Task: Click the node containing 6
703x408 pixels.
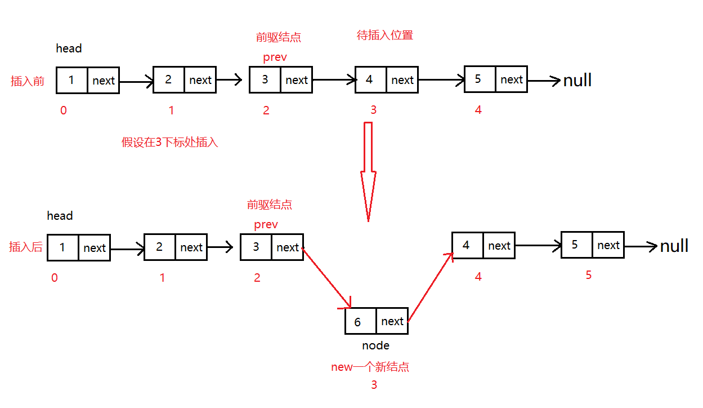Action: pyautogui.click(x=376, y=321)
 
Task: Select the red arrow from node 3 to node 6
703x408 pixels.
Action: pyautogui.click(x=326, y=278)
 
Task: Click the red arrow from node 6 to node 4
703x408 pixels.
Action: pyautogui.click(x=430, y=286)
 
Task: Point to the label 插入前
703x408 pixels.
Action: pyautogui.click(x=28, y=81)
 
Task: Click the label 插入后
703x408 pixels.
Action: pyautogui.click(x=26, y=247)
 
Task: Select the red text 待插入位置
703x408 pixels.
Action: pyautogui.click(x=385, y=35)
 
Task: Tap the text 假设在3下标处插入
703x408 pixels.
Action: pyautogui.click(x=170, y=142)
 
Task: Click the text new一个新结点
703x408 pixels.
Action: pyautogui.click(x=370, y=367)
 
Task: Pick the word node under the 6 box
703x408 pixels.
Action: pyautogui.click(x=375, y=345)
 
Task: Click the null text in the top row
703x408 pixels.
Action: pyautogui.click(x=577, y=80)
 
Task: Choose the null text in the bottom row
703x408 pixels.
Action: pyautogui.click(x=674, y=246)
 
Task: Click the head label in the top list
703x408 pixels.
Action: pyautogui.click(x=69, y=48)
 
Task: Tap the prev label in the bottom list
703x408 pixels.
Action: pyautogui.click(x=266, y=225)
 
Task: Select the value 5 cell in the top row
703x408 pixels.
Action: pyautogui.click(x=480, y=79)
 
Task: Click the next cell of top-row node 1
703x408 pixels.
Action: pyautogui.click(x=104, y=81)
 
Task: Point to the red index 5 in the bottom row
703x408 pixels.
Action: pyautogui.click(x=589, y=276)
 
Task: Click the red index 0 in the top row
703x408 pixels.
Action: pyautogui.click(x=64, y=110)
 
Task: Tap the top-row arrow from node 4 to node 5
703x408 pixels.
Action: pyautogui.click(x=441, y=79)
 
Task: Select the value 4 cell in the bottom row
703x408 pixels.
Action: pyautogui.click(x=468, y=246)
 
